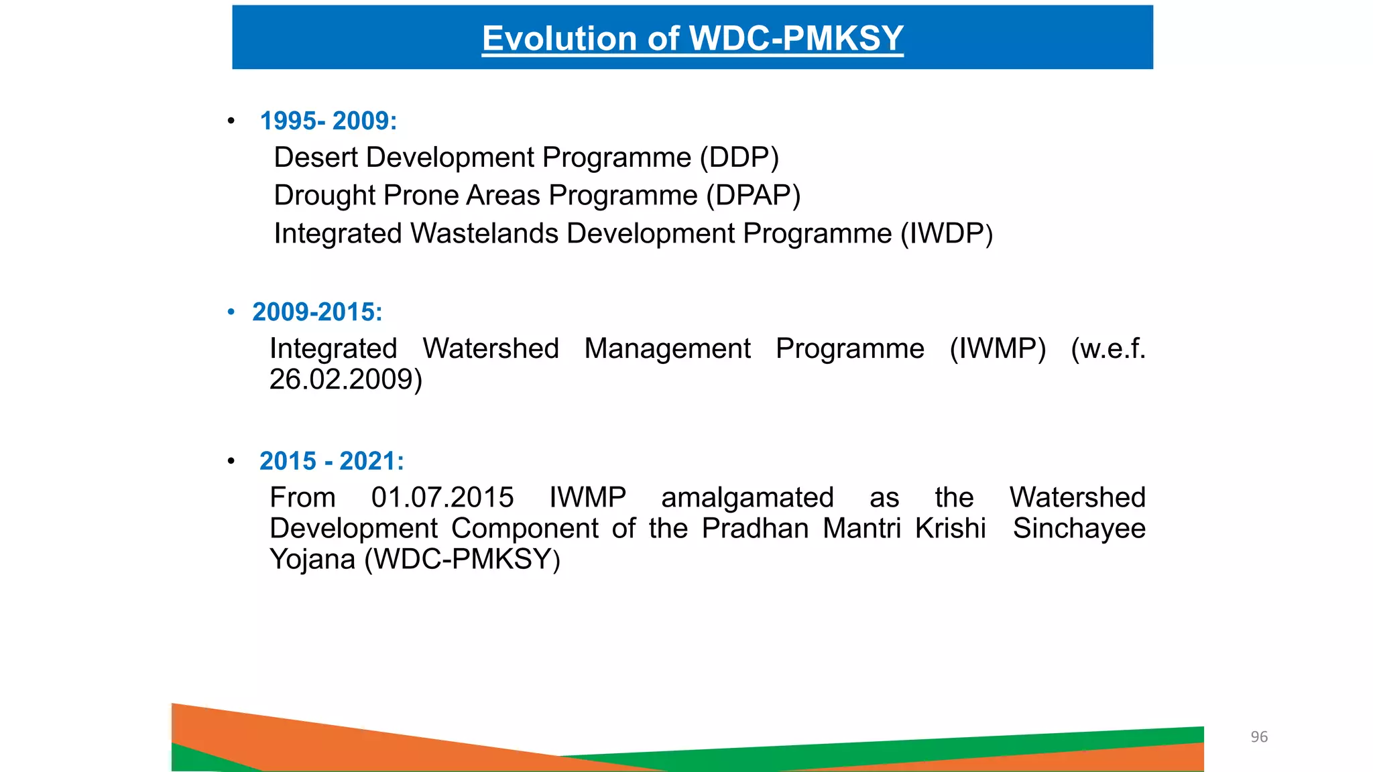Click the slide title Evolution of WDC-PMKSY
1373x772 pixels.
pos(693,38)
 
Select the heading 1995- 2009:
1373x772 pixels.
pos(329,121)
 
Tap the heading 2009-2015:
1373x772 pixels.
pos(317,312)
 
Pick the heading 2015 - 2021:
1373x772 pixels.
pos(332,461)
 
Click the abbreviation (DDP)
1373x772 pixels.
pos(739,157)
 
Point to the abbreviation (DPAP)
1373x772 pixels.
pos(754,196)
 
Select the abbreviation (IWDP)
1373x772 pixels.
pos(946,234)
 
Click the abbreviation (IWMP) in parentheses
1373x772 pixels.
pos(998,348)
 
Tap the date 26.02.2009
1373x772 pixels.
pos(345,379)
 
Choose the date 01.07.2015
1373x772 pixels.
pos(442,498)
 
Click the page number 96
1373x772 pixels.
pos(1259,737)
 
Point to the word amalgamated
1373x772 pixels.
pos(748,498)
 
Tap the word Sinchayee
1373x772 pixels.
pos(1079,529)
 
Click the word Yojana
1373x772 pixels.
pos(312,560)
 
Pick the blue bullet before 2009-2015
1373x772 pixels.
pos(231,312)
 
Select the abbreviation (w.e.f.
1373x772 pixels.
pos(1108,348)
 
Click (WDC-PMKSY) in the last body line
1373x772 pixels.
pos(462,560)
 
